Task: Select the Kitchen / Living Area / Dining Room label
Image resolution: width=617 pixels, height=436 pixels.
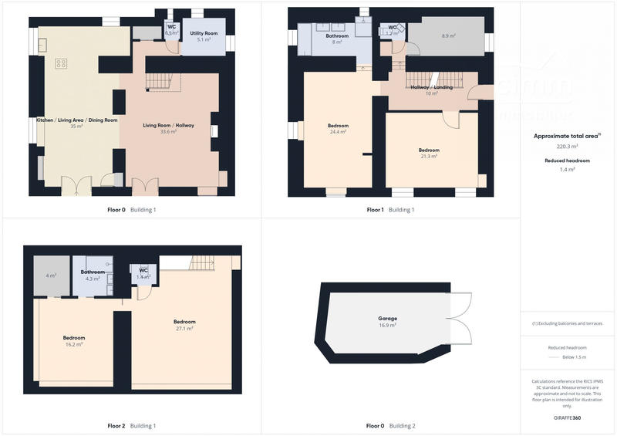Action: [x=77, y=120]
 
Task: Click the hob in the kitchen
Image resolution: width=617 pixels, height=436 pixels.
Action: [x=61, y=64]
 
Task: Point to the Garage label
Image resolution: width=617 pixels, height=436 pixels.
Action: [x=387, y=318]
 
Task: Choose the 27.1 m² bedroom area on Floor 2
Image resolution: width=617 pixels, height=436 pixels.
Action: [x=184, y=328]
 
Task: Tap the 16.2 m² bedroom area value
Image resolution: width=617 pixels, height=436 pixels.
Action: [x=73, y=344]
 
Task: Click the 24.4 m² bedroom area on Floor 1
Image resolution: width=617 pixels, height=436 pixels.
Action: [x=338, y=132]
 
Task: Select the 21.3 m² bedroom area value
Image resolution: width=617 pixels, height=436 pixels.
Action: [x=429, y=156]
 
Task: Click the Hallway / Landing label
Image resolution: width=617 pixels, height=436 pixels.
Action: [x=432, y=87]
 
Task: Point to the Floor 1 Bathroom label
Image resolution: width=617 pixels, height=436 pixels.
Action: [x=337, y=36]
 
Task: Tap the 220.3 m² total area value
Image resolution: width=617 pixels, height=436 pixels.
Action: [x=567, y=146]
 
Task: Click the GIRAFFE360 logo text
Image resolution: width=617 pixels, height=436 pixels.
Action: [x=567, y=417]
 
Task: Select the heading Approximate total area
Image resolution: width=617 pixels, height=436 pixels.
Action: [x=567, y=136]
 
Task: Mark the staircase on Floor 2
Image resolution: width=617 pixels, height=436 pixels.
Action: [x=202, y=263]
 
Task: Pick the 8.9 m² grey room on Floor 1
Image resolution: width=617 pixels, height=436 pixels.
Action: [x=448, y=36]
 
